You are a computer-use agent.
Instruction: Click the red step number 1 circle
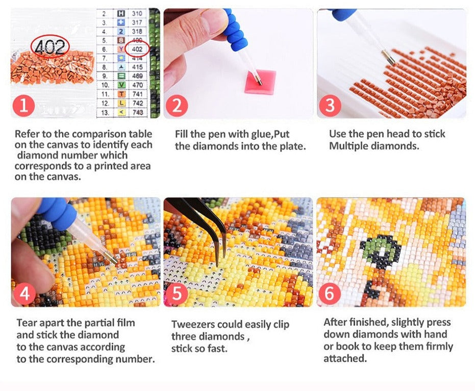[x=23, y=106]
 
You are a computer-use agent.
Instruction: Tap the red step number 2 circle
[x=177, y=106]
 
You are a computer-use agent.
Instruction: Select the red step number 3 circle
[x=330, y=106]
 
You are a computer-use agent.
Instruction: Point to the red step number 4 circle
[x=24, y=294]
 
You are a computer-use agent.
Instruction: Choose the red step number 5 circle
[x=177, y=294]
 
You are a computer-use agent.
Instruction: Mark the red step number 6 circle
[x=330, y=294]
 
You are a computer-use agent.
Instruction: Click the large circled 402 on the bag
[x=50, y=46]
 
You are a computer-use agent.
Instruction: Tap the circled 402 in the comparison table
[x=137, y=49]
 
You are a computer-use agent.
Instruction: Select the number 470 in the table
[x=137, y=85]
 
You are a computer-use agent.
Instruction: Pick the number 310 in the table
[x=137, y=14]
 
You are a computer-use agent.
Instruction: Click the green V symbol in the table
[x=121, y=85]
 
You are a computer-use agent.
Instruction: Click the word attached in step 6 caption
[x=345, y=358]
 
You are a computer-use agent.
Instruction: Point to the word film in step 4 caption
[x=127, y=323]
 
